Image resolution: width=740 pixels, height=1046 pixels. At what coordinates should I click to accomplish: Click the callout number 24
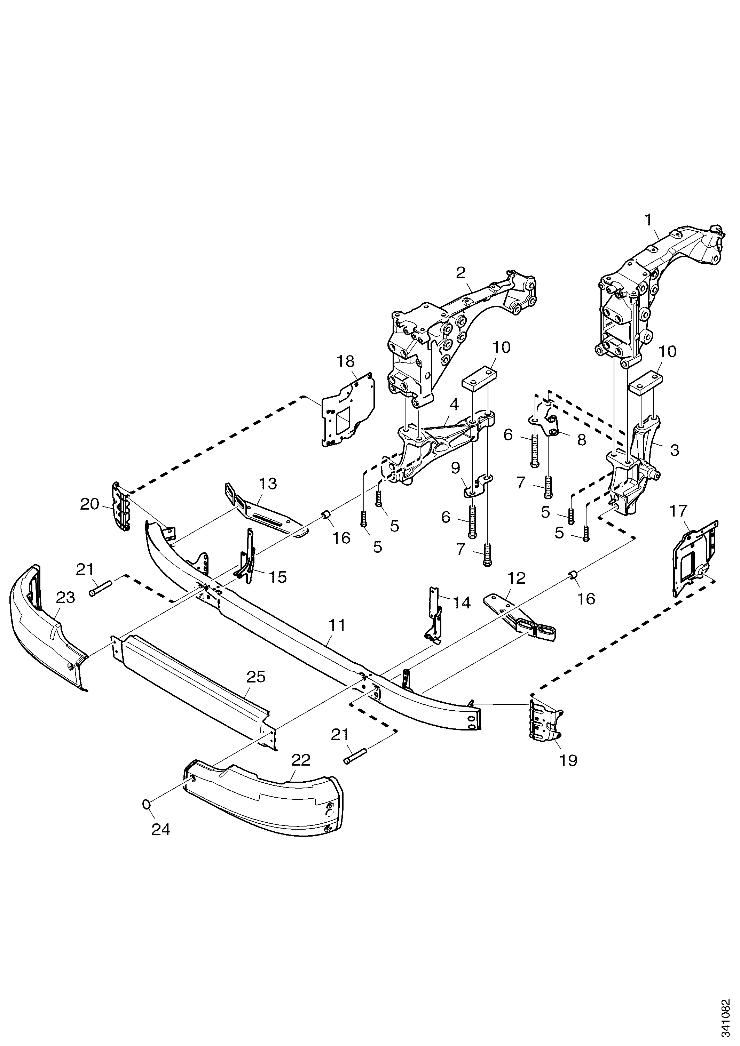[x=160, y=830]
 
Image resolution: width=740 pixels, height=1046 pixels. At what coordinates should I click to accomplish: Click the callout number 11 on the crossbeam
[x=337, y=625]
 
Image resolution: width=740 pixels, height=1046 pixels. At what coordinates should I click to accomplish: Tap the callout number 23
[x=65, y=597]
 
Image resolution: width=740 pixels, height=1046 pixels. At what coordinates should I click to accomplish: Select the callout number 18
[x=346, y=361]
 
